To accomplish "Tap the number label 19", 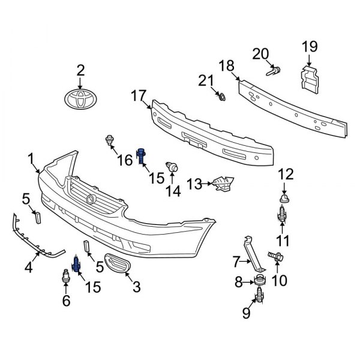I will [309, 47].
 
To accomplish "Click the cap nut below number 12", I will [282, 197].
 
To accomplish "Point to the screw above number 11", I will [282, 215].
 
